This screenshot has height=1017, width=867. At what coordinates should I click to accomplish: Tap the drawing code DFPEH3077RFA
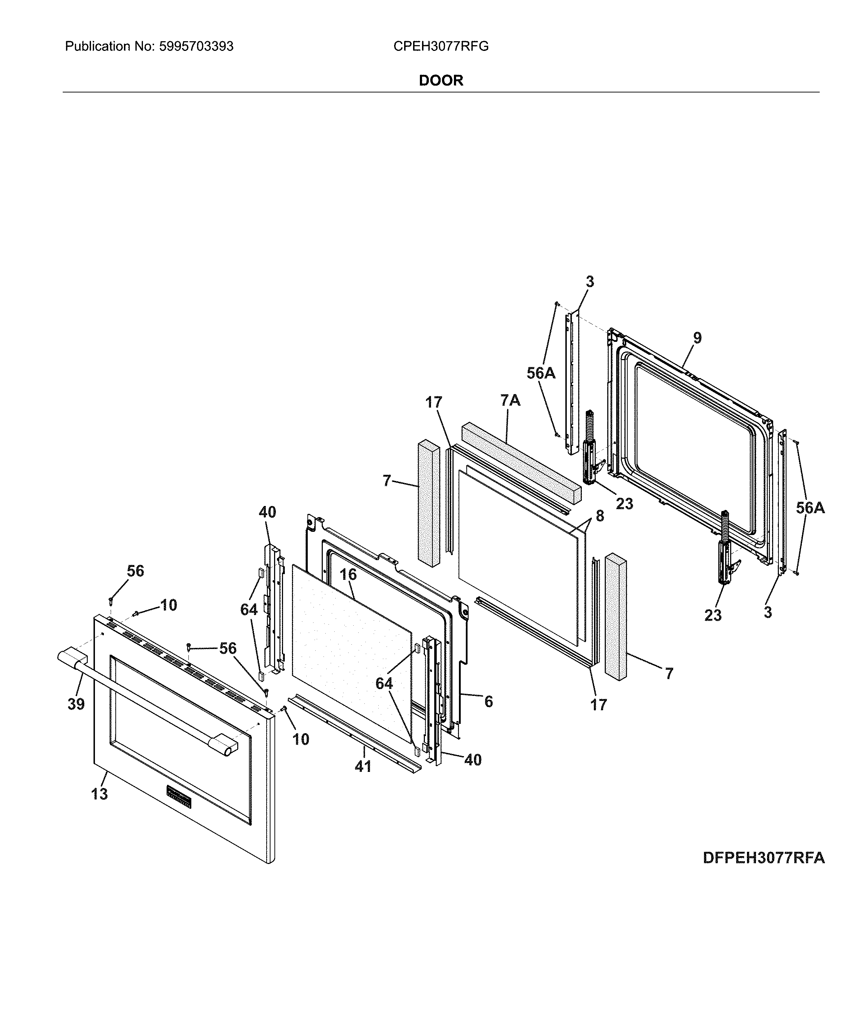coord(763,858)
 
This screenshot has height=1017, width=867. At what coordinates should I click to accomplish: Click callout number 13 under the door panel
coord(99,794)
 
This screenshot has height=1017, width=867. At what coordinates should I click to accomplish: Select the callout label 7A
coord(510,401)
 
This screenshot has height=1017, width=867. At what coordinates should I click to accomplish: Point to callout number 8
coord(600,516)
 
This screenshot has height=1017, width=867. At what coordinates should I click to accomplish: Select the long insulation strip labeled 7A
coord(520,462)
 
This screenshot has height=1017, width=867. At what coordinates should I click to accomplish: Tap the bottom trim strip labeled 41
coord(353,731)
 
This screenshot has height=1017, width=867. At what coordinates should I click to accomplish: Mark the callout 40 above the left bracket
coord(267,512)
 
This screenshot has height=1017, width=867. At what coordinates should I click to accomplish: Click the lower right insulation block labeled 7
coord(616,616)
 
